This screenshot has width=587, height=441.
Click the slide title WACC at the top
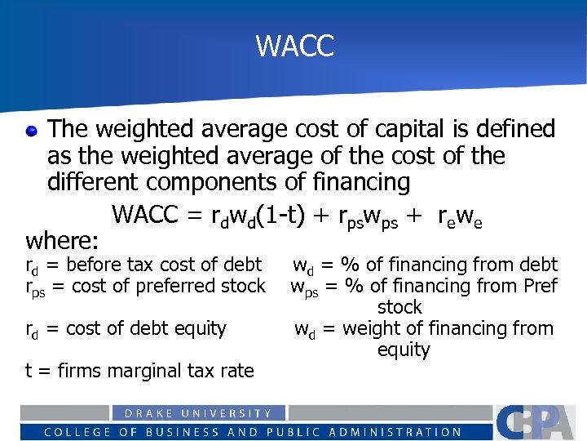click(x=294, y=46)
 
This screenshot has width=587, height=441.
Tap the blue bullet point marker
click(x=31, y=130)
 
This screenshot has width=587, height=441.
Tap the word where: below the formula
click(x=62, y=241)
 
